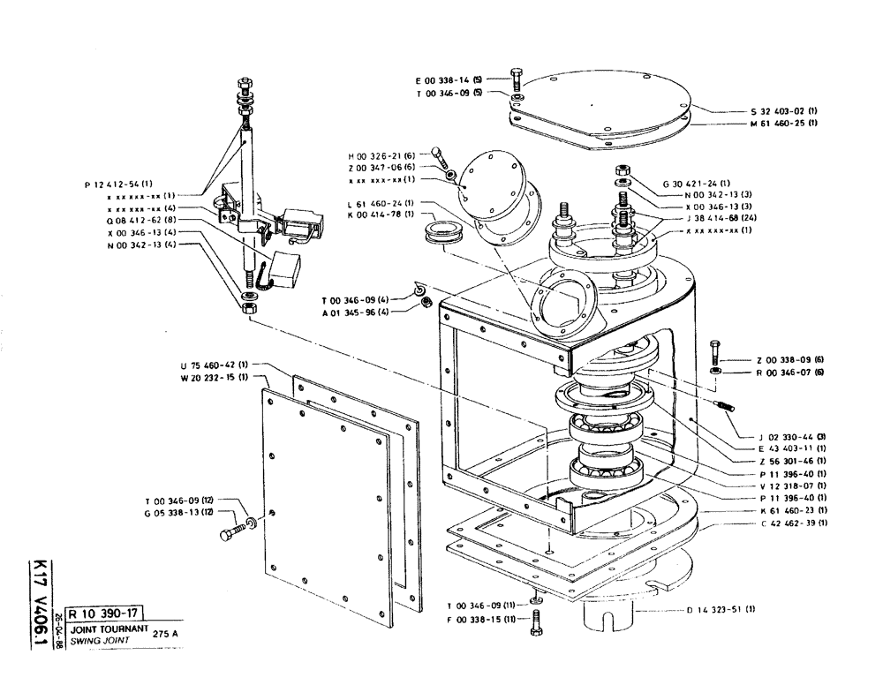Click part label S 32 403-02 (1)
[783, 112]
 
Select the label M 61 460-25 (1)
[783, 124]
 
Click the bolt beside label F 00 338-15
[532, 627]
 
